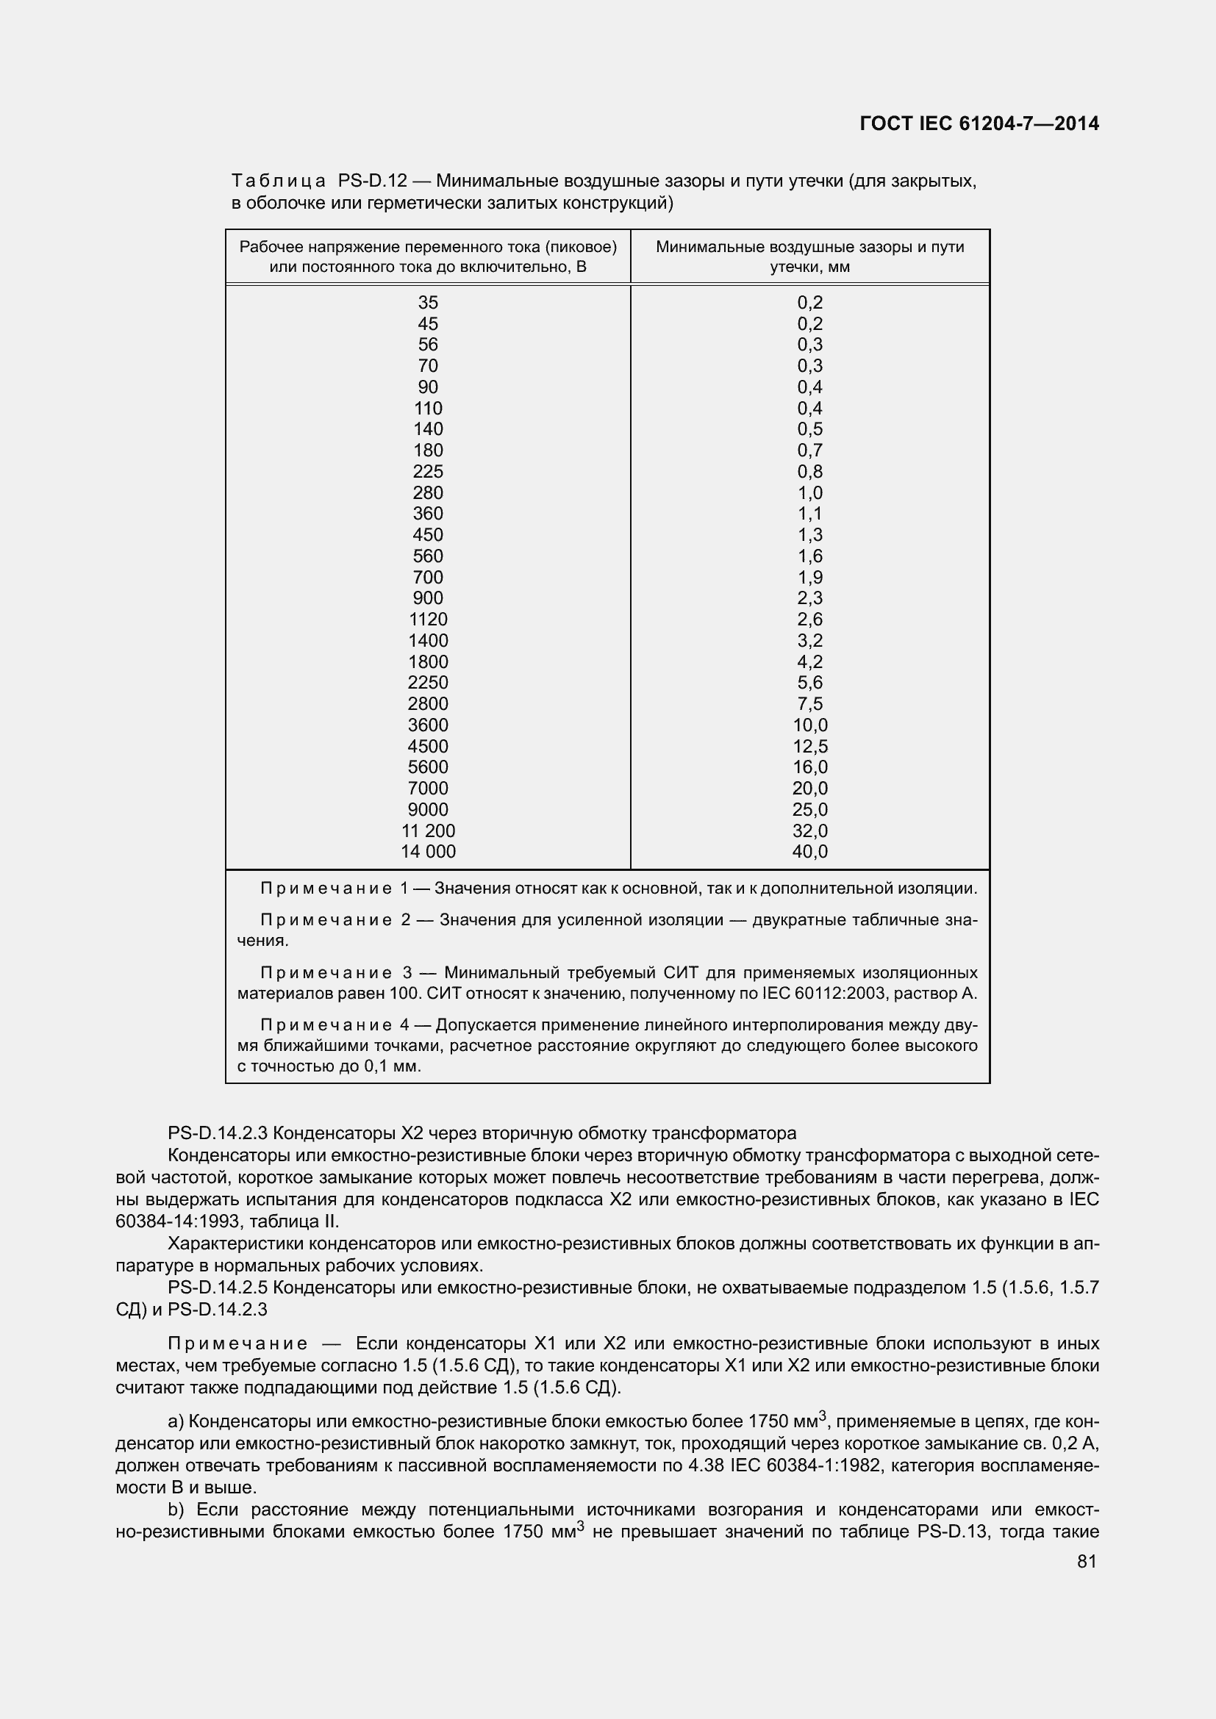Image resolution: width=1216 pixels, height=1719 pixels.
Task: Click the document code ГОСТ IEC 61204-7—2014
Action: point(979,124)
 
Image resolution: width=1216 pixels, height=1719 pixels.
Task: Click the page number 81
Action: point(1087,1561)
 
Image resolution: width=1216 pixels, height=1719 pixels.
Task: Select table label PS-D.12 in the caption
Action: point(372,182)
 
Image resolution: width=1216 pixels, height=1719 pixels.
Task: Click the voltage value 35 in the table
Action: point(428,303)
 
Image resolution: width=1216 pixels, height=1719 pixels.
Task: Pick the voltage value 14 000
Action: point(428,851)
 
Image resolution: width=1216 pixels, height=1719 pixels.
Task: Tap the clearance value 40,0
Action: point(809,851)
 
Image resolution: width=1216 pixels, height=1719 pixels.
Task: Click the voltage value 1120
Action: point(428,619)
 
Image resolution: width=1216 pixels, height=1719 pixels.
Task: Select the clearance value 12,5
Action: point(809,747)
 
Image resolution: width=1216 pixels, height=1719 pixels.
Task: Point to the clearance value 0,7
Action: point(809,450)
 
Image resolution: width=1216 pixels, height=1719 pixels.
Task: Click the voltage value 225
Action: point(428,472)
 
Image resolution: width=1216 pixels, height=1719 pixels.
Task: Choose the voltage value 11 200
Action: point(428,830)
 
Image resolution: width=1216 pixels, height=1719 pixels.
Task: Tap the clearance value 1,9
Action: point(809,577)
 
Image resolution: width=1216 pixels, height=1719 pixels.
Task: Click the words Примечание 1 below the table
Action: point(333,889)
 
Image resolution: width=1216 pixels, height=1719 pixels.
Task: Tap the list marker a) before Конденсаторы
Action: point(176,1421)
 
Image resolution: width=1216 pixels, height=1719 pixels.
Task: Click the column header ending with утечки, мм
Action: point(809,256)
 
